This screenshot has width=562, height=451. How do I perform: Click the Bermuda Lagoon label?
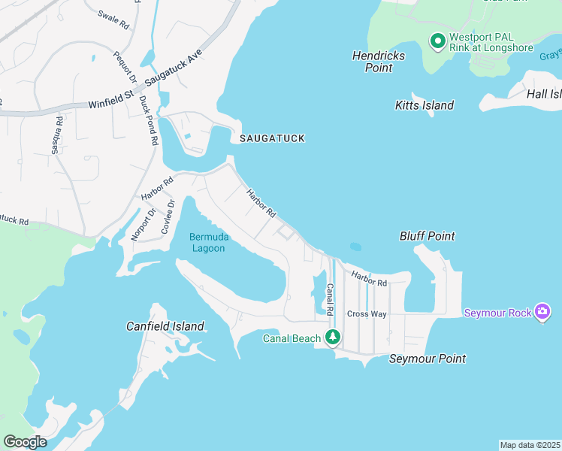(207, 243)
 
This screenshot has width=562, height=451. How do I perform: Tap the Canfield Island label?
(165, 326)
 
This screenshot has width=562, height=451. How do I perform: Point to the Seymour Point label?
(427, 359)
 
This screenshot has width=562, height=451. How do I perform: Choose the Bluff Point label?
(427, 236)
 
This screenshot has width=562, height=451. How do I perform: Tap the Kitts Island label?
(425, 105)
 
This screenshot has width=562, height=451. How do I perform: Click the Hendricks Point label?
(379, 62)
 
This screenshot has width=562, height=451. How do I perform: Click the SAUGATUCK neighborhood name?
(272, 139)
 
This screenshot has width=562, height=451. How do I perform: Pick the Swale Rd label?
(113, 20)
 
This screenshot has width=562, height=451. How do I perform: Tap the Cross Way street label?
(367, 314)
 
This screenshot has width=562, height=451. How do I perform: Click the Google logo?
(25, 442)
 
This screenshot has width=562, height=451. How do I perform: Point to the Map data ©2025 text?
(530, 444)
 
